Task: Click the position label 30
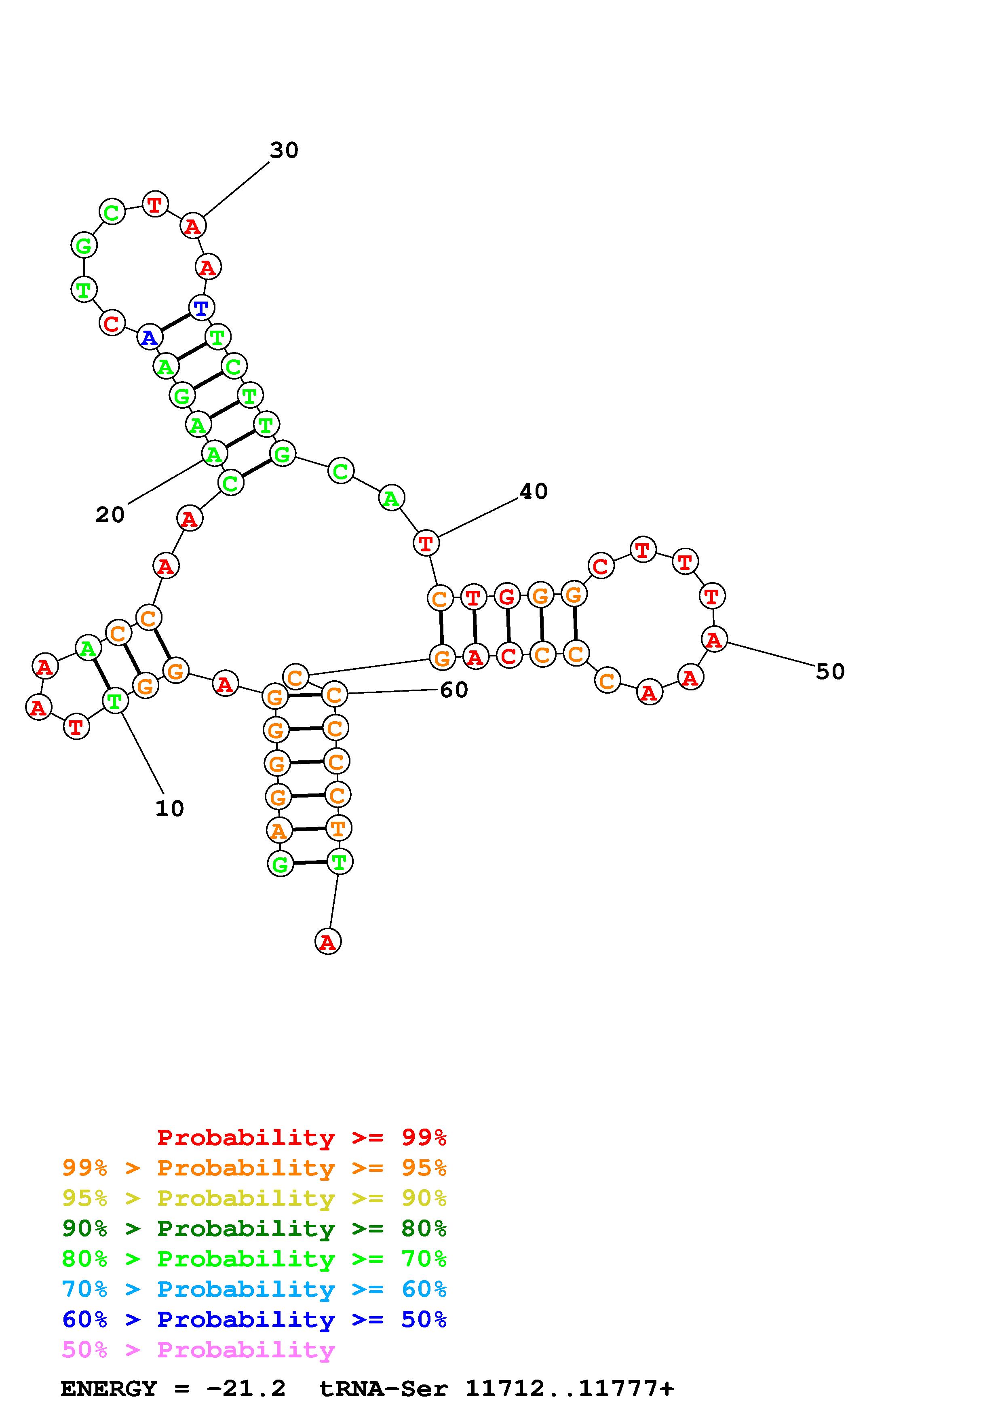point(284,150)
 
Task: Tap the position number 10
point(170,808)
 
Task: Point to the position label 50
point(830,671)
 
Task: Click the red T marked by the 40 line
point(425,544)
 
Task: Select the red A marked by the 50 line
point(714,639)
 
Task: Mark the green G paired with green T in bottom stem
point(280,863)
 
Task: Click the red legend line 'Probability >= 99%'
point(302,1137)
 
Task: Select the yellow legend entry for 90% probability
point(254,1198)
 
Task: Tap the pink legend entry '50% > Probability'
point(199,1350)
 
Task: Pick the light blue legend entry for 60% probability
point(254,1289)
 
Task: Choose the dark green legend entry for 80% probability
point(254,1229)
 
